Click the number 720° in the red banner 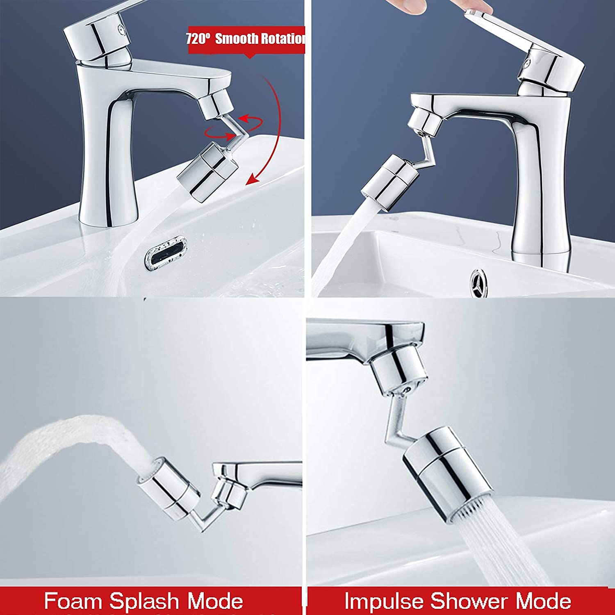coord(198,39)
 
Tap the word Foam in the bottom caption coord(73,601)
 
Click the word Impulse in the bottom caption coord(384,601)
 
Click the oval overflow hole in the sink coord(166,253)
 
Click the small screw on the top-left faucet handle coord(121,29)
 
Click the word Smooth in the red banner coord(237,39)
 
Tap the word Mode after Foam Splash coord(215,601)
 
